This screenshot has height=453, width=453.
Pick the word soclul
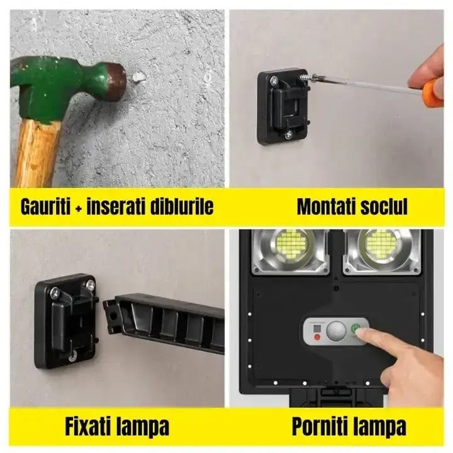[x=383, y=206]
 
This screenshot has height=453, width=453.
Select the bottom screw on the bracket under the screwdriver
[x=288, y=134]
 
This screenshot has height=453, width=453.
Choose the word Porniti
[x=316, y=427]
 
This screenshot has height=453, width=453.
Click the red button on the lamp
[x=317, y=337]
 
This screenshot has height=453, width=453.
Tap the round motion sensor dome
[x=338, y=328]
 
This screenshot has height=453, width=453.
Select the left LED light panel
[x=291, y=250]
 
